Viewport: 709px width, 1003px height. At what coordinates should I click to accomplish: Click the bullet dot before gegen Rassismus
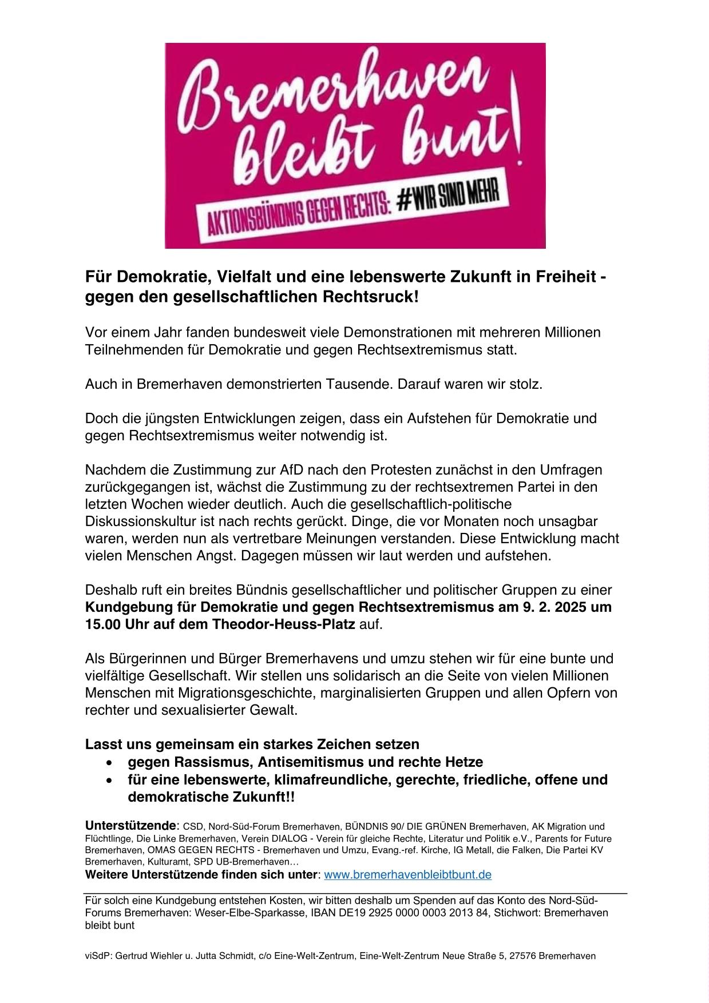click(109, 763)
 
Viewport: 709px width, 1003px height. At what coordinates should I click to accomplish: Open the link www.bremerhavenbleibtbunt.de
click(407, 875)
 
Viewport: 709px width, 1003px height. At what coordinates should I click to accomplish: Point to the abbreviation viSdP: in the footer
click(98, 956)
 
